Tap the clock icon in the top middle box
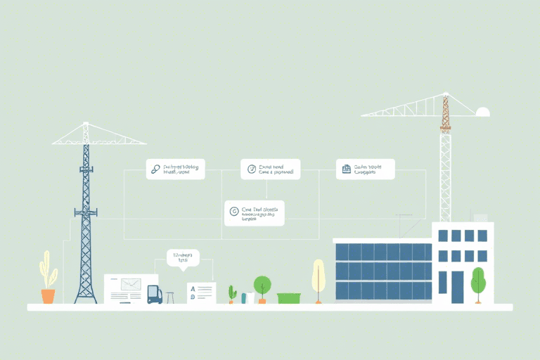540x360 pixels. (250, 169)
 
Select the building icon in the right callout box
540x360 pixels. (346, 169)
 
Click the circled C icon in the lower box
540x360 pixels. (234, 212)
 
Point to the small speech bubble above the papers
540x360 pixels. (184, 258)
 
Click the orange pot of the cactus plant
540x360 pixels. (48, 296)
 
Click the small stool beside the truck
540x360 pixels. (170, 297)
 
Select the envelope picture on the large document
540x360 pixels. (131, 285)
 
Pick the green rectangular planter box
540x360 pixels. (289, 298)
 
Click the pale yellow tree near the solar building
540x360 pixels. (319, 276)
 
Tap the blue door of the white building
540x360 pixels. (458, 286)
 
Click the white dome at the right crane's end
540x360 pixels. (482, 111)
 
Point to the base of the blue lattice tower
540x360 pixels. (86, 297)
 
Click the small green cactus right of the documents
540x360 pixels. (232, 293)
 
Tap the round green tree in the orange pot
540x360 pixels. (262, 285)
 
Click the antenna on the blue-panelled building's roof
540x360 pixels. (401, 225)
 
